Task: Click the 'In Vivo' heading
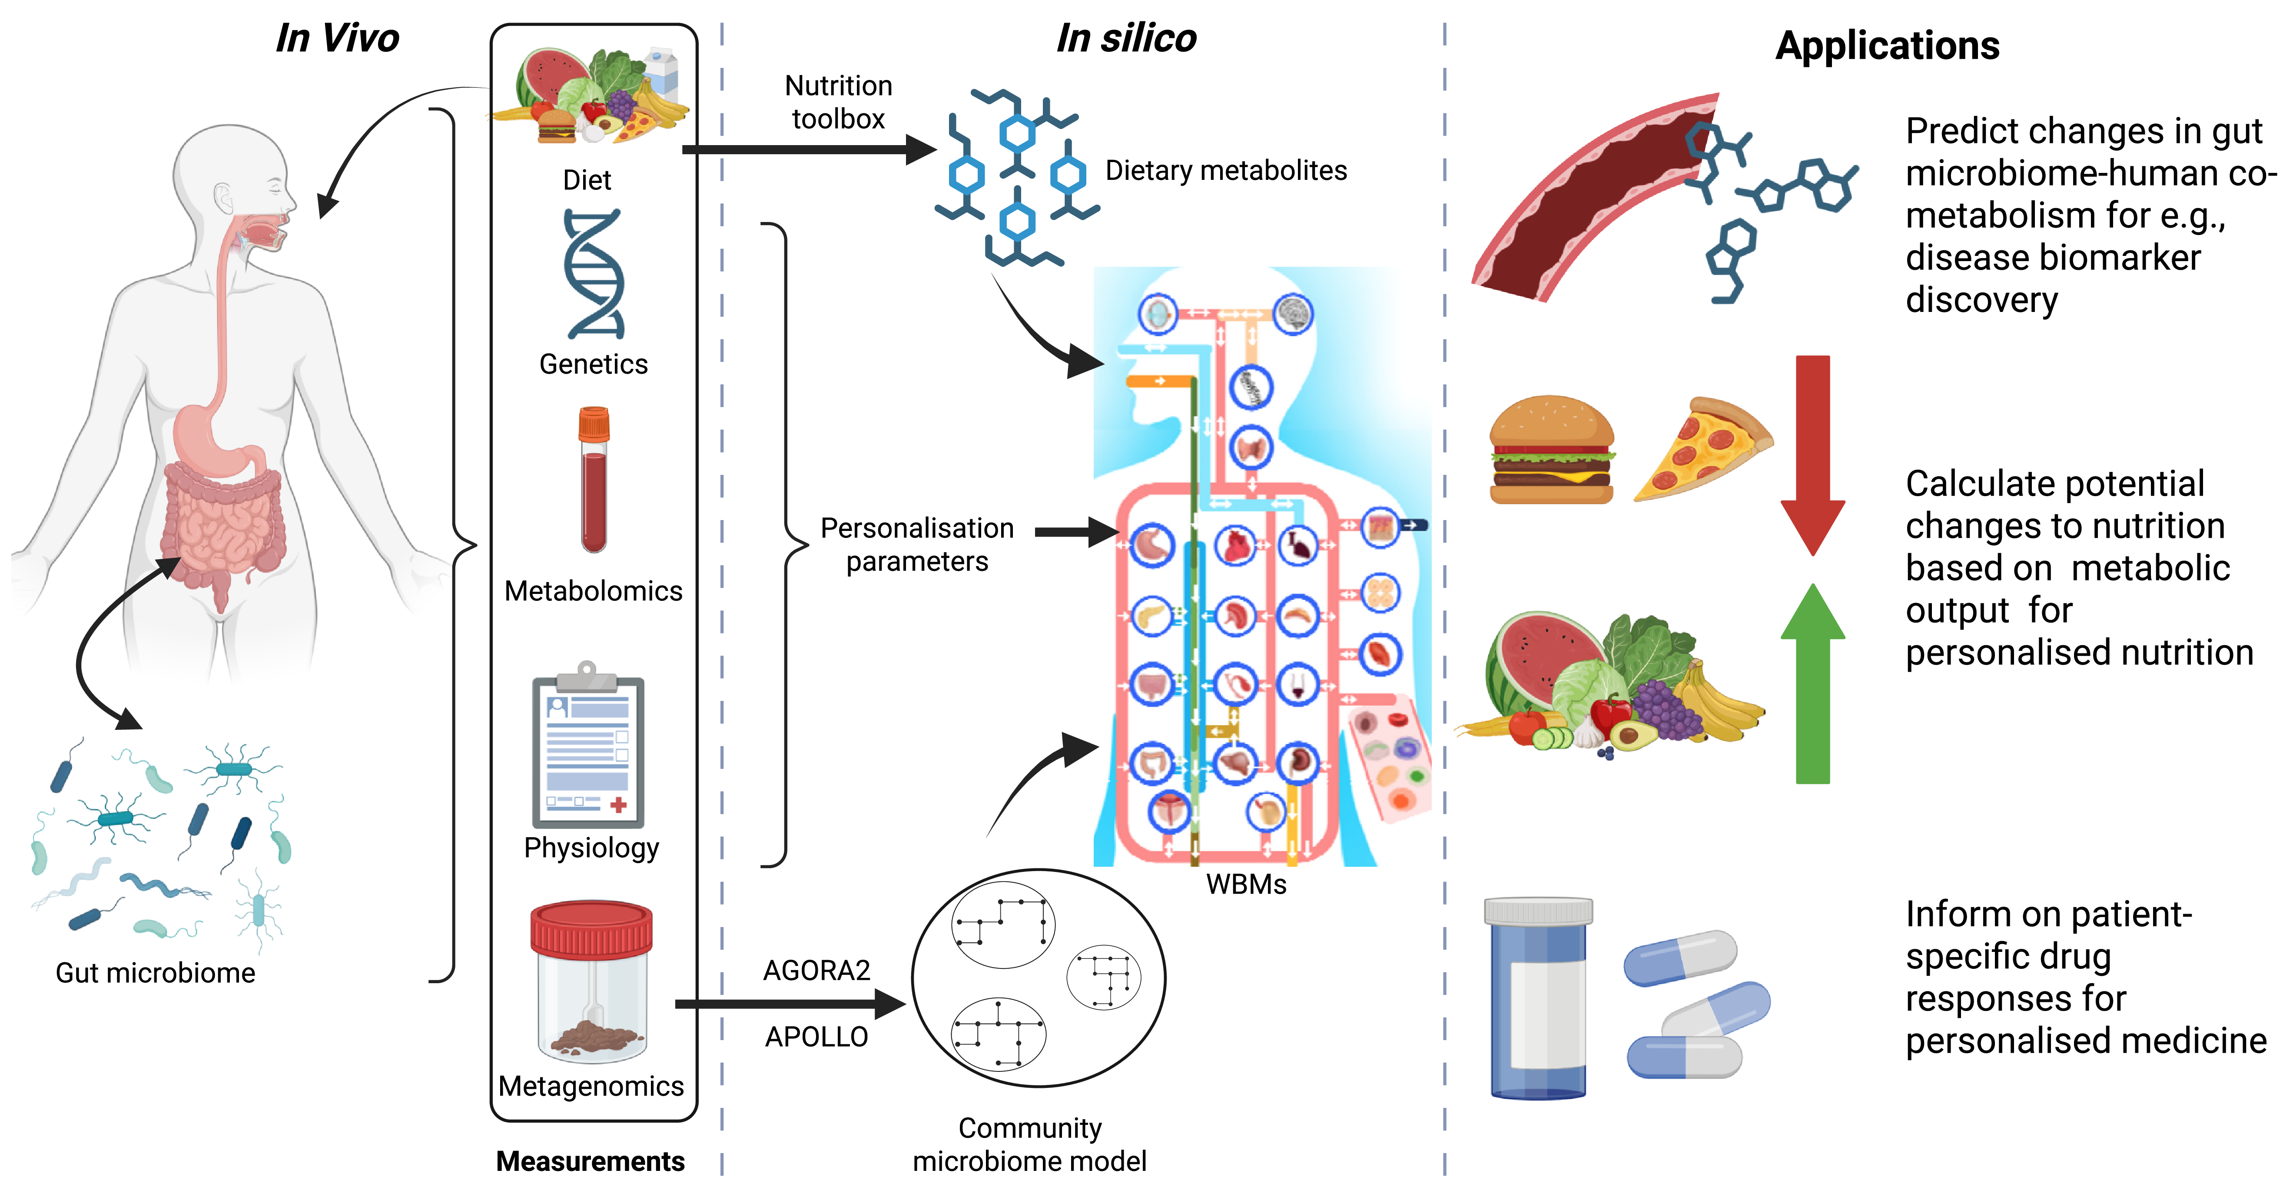(338, 38)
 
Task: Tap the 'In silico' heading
(1126, 38)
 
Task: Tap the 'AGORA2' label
(816, 970)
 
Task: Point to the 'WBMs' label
(1246, 884)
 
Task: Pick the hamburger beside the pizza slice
(1552, 449)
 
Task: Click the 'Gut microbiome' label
(155, 973)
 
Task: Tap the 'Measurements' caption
(590, 1161)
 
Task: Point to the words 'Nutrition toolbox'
(838, 102)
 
